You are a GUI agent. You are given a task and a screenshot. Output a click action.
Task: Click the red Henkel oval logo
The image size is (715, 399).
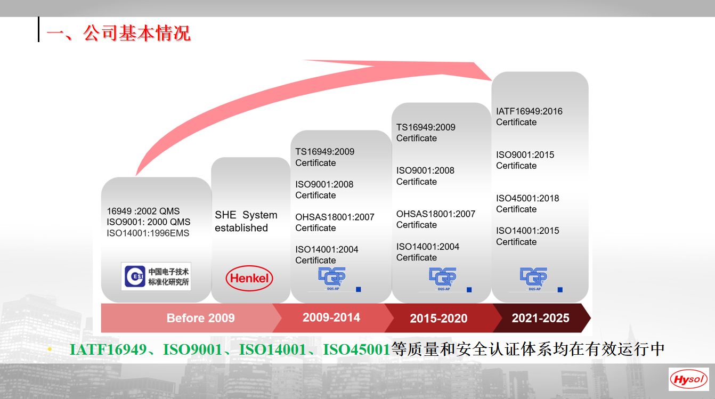(249, 278)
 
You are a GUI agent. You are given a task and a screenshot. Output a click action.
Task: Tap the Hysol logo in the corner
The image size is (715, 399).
(688, 379)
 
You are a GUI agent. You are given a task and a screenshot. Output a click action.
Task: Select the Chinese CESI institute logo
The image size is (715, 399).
(156, 276)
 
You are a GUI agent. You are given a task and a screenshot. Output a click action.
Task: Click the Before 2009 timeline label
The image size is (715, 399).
(200, 318)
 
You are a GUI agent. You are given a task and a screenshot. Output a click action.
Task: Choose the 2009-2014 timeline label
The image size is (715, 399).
(331, 317)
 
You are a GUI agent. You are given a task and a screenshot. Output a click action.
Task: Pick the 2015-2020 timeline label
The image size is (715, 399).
(438, 318)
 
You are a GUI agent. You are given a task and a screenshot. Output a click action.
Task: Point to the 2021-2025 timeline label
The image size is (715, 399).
(540, 318)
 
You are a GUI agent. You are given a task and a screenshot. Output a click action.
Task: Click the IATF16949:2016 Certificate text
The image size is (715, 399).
(529, 117)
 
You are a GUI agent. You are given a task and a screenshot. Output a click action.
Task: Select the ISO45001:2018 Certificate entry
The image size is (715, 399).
(527, 203)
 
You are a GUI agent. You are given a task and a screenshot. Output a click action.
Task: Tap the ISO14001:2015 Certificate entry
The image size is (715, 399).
(527, 236)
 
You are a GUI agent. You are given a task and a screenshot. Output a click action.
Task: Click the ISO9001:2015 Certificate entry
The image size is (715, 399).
(525, 160)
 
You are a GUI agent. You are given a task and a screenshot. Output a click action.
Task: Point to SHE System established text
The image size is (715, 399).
(246, 221)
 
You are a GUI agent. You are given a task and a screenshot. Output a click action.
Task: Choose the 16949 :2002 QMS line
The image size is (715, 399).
(143, 211)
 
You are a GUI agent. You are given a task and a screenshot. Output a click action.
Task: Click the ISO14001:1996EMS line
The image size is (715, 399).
(148, 233)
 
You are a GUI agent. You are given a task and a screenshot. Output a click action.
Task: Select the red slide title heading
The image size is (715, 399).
(118, 33)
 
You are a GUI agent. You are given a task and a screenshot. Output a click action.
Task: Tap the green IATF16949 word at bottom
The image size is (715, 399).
(108, 349)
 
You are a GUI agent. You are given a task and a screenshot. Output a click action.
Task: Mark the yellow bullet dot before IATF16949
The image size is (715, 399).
(50, 349)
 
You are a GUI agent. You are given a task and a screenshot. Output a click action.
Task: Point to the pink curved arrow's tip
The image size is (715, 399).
(492, 80)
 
